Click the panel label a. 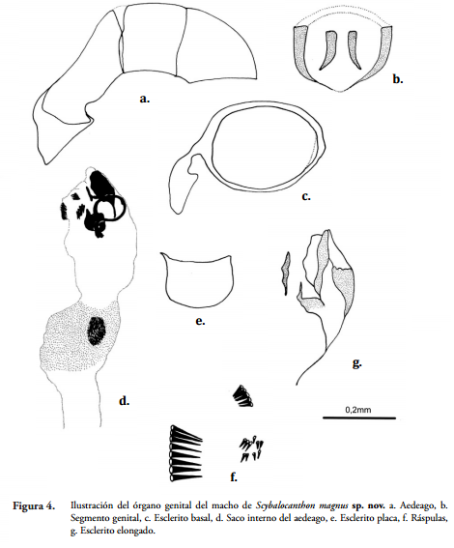click(144, 99)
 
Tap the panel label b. click(397, 79)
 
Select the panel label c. click(306, 196)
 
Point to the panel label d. click(124, 400)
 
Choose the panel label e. click(200, 321)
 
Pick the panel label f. click(234, 476)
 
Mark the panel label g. click(356, 363)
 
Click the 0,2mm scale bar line click(359, 418)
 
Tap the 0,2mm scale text click(358, 409)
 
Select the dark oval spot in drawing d click(97, 331)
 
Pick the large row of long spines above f click(185, 453)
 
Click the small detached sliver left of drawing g click(286, 273)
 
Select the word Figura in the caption click(29, 505)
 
